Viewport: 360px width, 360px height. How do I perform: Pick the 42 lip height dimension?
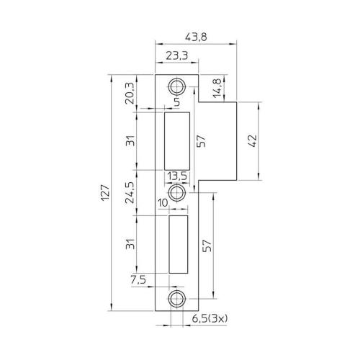click(x=251, y=141)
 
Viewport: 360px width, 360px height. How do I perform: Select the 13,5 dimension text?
click(x=177, y=176)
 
